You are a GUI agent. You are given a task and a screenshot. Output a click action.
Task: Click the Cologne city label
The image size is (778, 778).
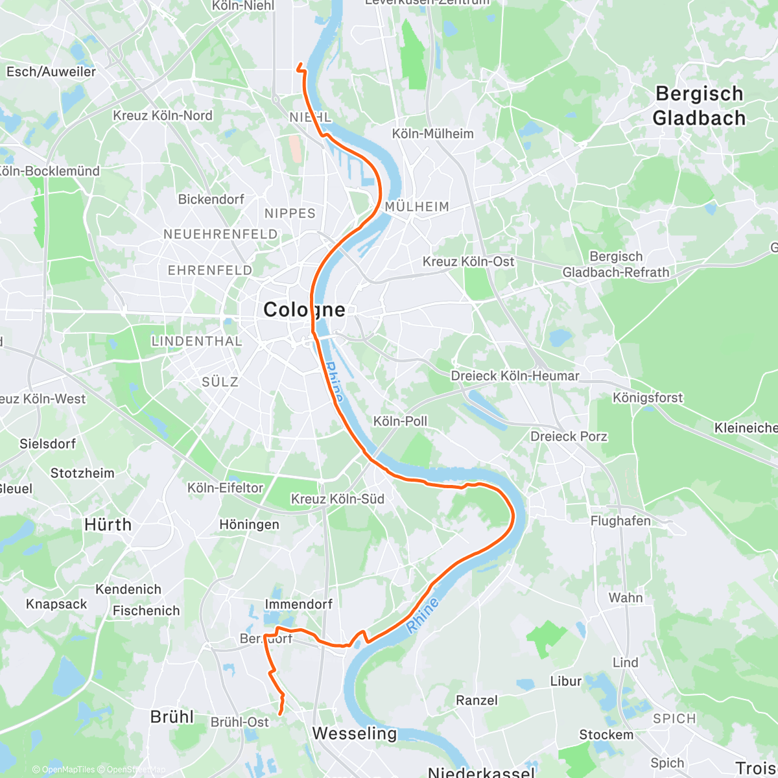[304, 310]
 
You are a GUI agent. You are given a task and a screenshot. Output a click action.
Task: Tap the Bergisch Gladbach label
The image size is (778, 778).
[698, 106]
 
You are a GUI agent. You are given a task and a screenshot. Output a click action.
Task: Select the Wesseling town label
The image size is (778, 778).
[354, 733]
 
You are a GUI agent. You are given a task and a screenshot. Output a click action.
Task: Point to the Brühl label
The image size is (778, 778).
[172, 716]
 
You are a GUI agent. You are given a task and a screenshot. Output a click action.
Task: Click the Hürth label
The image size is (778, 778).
[108, 525]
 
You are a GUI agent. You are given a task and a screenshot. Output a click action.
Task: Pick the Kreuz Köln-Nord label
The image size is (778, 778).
[162, 115]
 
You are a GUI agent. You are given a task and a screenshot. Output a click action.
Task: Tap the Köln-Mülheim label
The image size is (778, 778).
[432, 134]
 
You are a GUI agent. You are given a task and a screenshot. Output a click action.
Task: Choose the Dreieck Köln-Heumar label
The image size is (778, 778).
[515, 376]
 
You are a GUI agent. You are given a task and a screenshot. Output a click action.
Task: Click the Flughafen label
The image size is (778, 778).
[620, 521]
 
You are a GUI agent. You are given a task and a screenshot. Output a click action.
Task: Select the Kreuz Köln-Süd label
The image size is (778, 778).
[337, 499]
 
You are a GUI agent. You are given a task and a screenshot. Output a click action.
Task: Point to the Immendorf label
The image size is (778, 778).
[298, 604]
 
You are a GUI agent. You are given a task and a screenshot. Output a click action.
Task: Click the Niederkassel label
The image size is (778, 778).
[481, 772]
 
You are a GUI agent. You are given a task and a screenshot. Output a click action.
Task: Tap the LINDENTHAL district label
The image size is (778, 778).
[196, 341]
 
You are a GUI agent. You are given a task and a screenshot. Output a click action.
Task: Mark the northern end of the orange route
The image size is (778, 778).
[300, 64]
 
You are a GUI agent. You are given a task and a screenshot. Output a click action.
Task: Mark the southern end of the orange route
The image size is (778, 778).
[280, 714]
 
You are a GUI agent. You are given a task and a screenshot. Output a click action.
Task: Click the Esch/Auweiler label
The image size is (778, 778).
[51, 72]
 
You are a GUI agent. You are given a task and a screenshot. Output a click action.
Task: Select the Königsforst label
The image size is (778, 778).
[648, 397]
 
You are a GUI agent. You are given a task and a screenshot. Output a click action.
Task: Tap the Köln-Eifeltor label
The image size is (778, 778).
[225, 488]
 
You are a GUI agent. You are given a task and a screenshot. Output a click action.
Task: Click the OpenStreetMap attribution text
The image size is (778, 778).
[136, 770]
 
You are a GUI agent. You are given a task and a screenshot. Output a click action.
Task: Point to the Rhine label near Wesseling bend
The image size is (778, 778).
[423, 615]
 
